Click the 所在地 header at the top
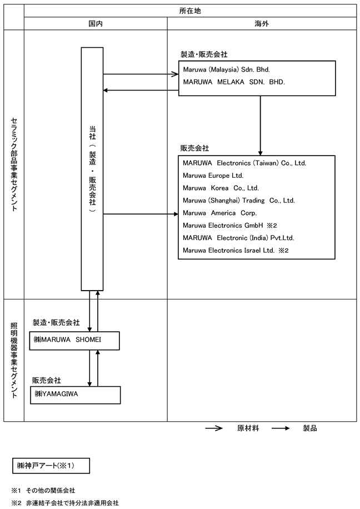pyautogui.click(x=190, y=11)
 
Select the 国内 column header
pyautogui.click(x=96, y=23)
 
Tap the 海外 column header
pyautogui.click(x=262, y=23)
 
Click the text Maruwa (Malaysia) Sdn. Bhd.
pyautogui.click(x=226, y=69)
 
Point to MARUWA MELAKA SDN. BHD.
pyautogui.click(x=234, y=82)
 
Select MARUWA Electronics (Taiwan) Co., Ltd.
pyautogui.click(x=244, y=163)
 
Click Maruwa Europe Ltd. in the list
pyautogui.click(x=213, y=176)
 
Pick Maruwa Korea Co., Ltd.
pyautogui.click(x=221, y=188)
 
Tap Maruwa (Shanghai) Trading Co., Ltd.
pyautogui.click(x=238, y=201)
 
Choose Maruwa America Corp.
pyautogui.click(x=220, y=213)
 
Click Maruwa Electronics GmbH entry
pyautogui.click(x=223, y=225)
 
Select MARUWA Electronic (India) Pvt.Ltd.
pyautogui.click(x=238, y=238)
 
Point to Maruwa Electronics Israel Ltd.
pyautogui.click(x=228, y=250)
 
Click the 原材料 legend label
pyautogui.click(x=248, y=428)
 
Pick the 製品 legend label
pyautogui.click(x=309, y=428)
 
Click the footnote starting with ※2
pyautogui.click(x=65, y=503)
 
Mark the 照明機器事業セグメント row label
pyautogui.click(x=14, y=360)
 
